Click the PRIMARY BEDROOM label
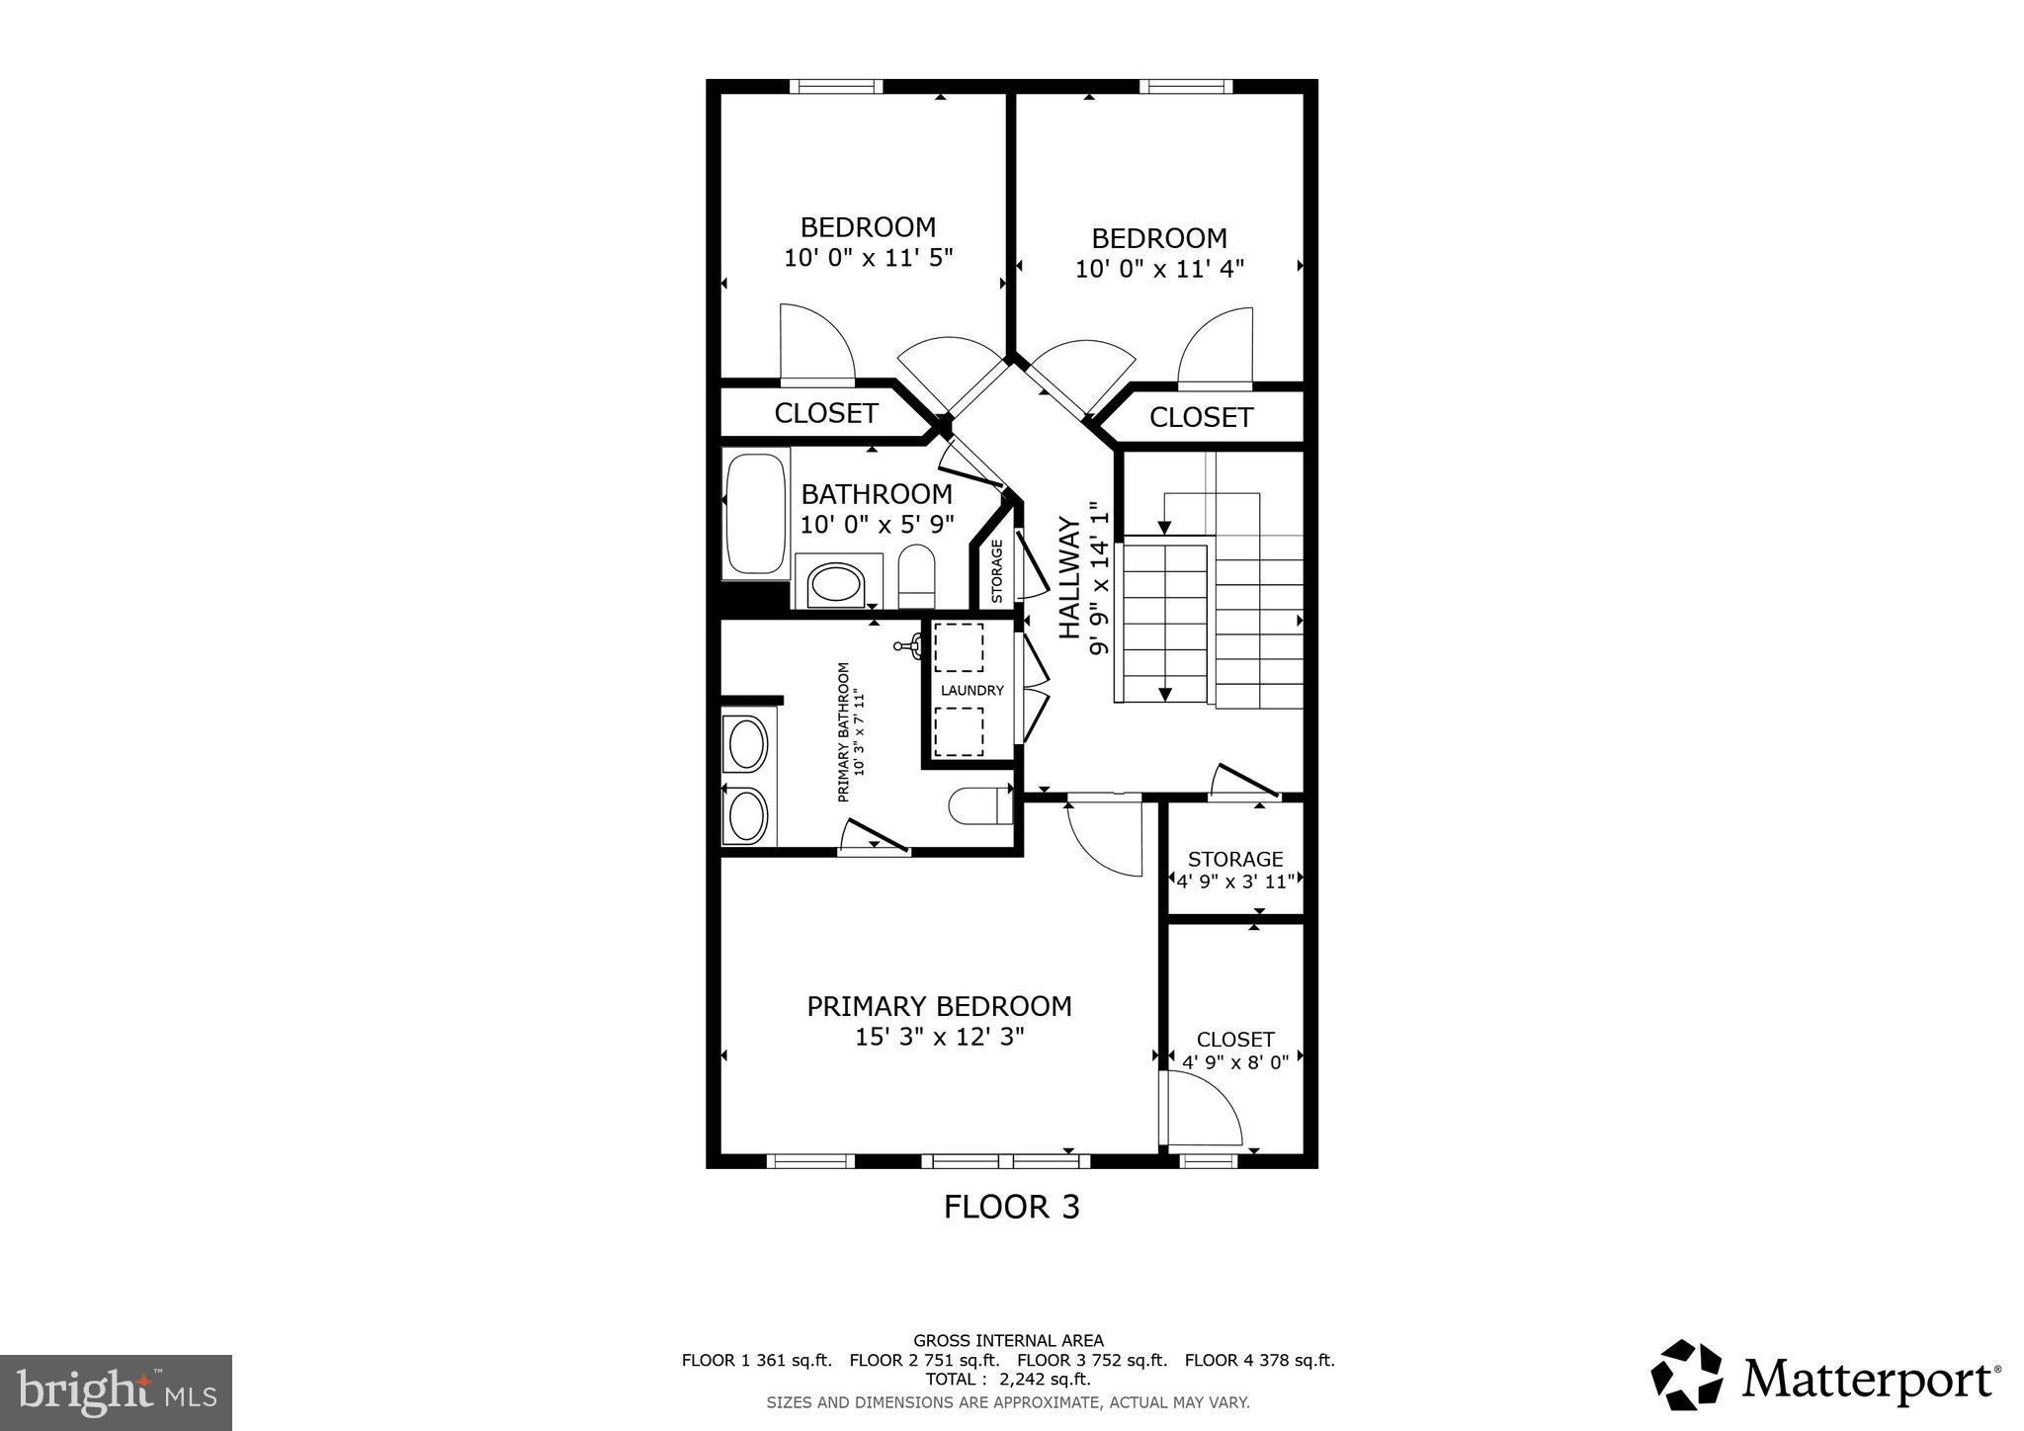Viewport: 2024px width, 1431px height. pyautogui.click(x=939, y=1006)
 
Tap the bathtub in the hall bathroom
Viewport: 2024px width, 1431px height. pyautogui.click(x=755, y=514)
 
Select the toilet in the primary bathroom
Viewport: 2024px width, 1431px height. pyautogui.click(x=980, y=805)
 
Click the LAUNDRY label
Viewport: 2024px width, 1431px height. pyautogui.click(x=971, y=691)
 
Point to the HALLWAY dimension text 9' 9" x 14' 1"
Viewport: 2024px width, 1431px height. pyautogui.click(x=1099, y=579)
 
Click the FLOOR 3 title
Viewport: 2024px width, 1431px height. pyautogui.click(x=1011, y=1207)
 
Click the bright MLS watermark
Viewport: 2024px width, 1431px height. pyautogui.click(x=116, y=1393)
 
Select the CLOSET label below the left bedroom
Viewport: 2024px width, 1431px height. pyautogui.click(x=826, y=413)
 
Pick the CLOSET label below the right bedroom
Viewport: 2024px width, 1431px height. pyautogui.click(x=1201, y=417)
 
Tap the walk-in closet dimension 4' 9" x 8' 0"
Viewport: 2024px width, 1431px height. pyautogui.click(x=1235, y=1063)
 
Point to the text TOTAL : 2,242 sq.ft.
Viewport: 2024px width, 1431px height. pyautogui.click(x=1008, y=1379)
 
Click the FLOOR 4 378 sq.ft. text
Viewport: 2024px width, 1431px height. pyautogui.click(x=1259, y=1360)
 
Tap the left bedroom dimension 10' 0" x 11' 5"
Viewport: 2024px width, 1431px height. pyautogui.click(x=868, y=258)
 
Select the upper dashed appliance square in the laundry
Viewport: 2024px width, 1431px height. pyautogui.click(x=958, y=648)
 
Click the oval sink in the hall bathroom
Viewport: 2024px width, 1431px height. pyautogui.click(x=836, y=585)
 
